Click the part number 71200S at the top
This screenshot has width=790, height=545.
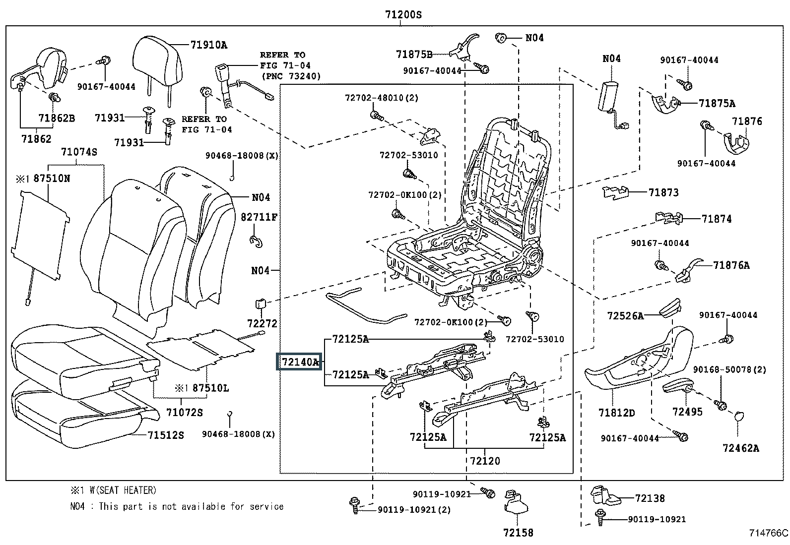(x=403, y=14)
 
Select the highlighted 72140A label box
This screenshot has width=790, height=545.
(x=299, y=362)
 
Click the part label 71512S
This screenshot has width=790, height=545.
(x=166, y=435)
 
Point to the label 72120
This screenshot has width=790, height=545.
(x=485, y=461)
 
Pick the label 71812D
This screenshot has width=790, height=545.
(x=616, y=413)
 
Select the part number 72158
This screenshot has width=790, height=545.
(x=518, y=533)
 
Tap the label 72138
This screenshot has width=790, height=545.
(x=650, y=498)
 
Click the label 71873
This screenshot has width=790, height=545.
(x=663, y=192)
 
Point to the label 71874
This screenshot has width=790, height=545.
(x=717, y=219)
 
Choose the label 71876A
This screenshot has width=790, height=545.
(x=731, y=265)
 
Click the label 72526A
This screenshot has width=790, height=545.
(x=625, y=315)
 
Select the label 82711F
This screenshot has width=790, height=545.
(x=259, y=217)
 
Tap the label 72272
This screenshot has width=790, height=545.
(x=262, y=323)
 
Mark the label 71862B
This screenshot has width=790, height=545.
(x=57, y=118)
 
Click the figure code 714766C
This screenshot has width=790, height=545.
(x=769, y=534)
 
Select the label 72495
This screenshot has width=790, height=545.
(x=687, y=412)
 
